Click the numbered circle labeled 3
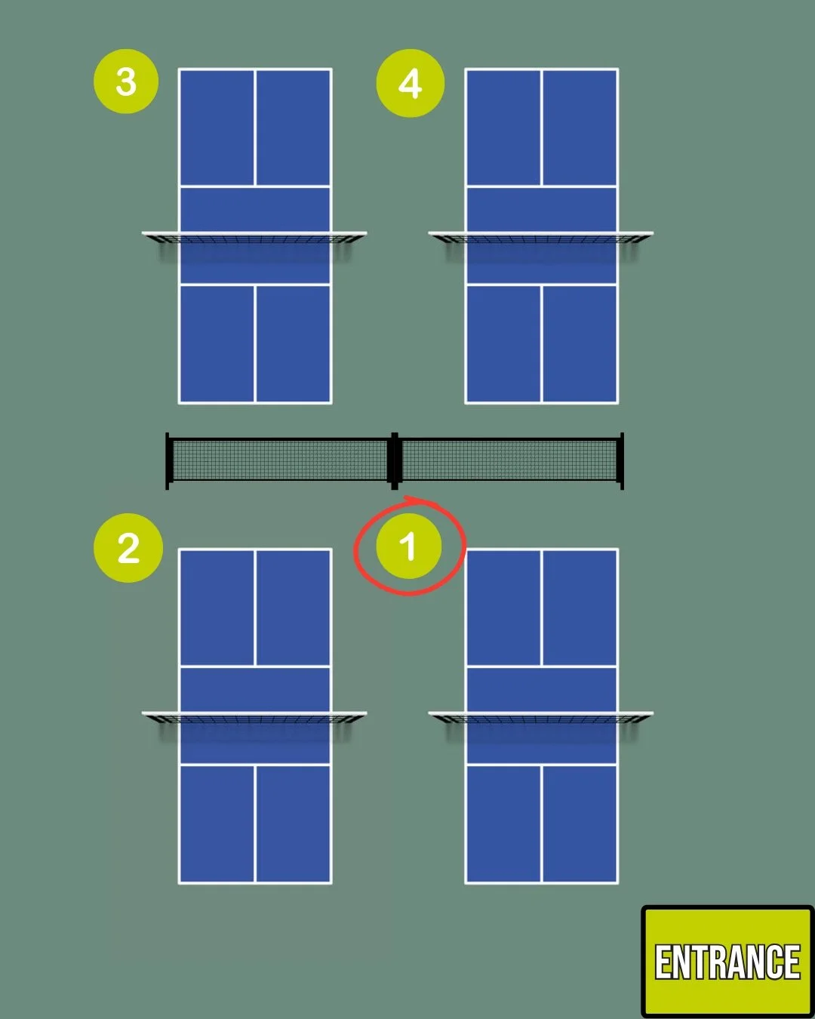coord(126,82)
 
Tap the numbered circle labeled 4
coord(410,83)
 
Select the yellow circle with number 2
coord(128,548)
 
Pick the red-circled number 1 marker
coord(409,546)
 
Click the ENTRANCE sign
coord(727,962)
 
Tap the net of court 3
coord(255,239)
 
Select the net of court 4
coord(541,239)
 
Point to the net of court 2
coord(255,718)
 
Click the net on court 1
coord(541,718)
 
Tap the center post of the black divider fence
coord(394,460)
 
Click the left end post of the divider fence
coord(168,460)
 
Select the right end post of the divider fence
coord(621,460)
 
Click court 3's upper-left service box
coord(217,128)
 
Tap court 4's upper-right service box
coord(580,128)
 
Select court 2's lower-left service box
coord(217,824)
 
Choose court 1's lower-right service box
coord(580,824)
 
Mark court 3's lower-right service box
coord(293,343)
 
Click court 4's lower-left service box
coord(503,343)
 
